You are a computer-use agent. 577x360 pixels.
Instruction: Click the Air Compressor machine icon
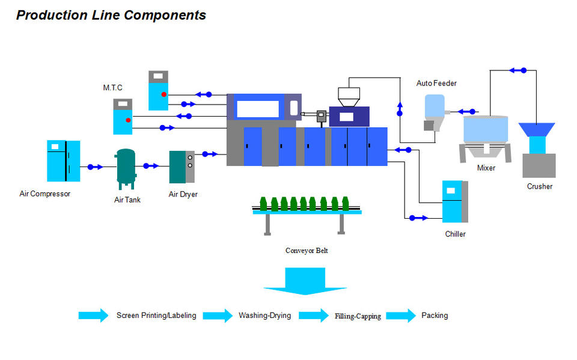pos(64,160)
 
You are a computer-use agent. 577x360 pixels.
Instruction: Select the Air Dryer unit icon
pos(182,166)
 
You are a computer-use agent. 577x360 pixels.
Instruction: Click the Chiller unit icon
pos(455,201)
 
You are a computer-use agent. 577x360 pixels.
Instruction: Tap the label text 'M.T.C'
pos(112,88)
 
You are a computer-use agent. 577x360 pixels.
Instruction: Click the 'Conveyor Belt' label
pos(307,251)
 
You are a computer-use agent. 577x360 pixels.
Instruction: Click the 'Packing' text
pos(435,316)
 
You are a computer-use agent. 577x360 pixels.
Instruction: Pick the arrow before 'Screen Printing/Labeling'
pos(94,316)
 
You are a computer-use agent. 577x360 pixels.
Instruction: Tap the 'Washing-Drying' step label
pos(264,316)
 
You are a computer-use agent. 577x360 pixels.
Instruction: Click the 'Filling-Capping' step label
pos(358,316)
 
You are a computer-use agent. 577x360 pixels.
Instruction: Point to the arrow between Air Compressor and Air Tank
pos(95,167)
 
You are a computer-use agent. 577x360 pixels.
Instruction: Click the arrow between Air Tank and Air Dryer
pos(150,166)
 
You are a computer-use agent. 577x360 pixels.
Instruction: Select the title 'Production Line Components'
pos(111,16)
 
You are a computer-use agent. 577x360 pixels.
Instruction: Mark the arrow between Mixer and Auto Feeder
pos(468,111)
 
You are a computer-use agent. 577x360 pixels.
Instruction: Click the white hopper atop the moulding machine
pos(349,97)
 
